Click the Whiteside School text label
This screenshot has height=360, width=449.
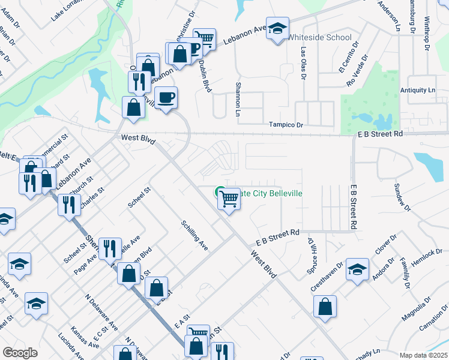(x=319, y=37)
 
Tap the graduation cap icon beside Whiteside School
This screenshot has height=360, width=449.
(x=277, y=28)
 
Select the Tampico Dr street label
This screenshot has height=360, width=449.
(x=286, y=124)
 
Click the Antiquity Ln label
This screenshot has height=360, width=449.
(x=418, y=90)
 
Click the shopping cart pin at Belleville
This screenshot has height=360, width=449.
(x=229, y=198)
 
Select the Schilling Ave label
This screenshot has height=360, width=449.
(x=194, y=235)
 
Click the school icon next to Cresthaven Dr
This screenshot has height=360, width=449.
(x=357, y=270)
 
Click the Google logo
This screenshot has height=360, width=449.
(x=20, y=353)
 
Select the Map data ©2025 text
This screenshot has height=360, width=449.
(x=423, y=355)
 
